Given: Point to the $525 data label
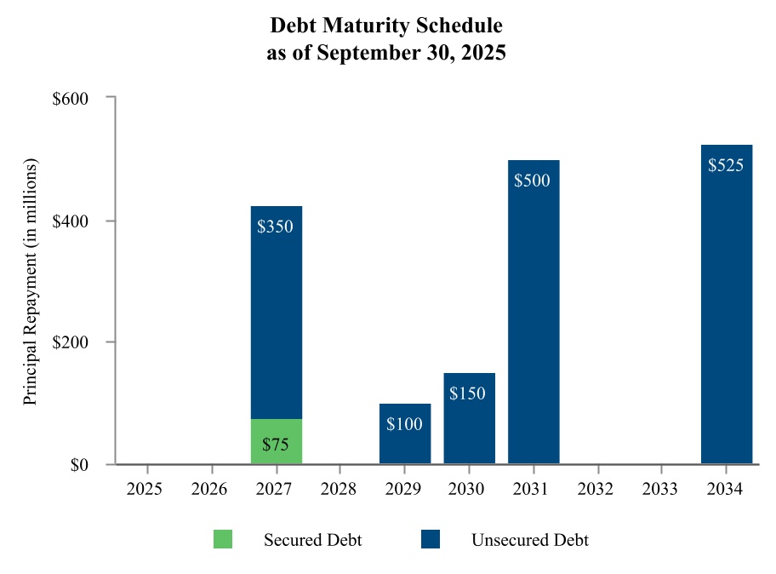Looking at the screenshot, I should tap(726, 165).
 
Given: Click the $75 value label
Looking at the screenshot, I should tap(277, 444).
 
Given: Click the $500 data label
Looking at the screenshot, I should tap(533, 181).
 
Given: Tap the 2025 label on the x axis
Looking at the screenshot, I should tap(148, 490).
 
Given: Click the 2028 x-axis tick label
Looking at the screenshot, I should tap(340, 490).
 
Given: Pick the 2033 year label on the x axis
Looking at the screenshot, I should tap(662, 490).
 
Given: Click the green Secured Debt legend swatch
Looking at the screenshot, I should tap(222, 539).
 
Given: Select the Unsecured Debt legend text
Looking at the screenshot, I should tap(530, 540).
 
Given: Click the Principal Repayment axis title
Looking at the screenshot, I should tap(31, 281).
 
